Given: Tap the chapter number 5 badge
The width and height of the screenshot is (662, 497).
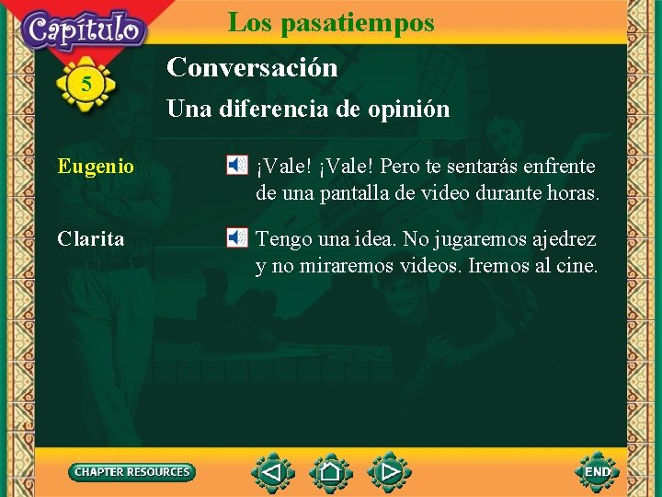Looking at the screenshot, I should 86,85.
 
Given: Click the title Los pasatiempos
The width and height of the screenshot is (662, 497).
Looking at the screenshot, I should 331,22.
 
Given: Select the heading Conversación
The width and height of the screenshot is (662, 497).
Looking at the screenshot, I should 252,67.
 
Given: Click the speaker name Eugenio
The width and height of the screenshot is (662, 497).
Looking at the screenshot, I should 96,167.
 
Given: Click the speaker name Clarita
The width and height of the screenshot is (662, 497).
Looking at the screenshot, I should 91,239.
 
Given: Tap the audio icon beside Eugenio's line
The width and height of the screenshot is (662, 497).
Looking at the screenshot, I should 237,166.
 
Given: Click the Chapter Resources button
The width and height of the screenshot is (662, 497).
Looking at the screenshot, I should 132,472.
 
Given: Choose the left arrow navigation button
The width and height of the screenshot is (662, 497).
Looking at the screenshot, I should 271,473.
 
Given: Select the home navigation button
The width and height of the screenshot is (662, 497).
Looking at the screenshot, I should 330,473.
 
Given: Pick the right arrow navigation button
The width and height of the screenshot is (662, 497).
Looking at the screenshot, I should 390,473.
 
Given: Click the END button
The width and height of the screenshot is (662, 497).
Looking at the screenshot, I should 598,472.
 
